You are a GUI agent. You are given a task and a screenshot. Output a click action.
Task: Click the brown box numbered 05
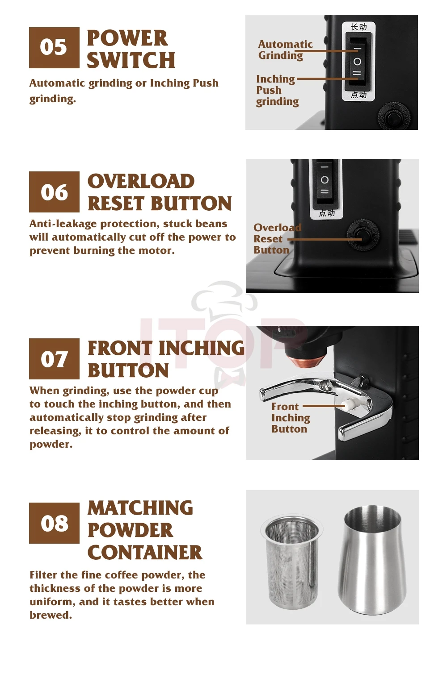pos(54,48)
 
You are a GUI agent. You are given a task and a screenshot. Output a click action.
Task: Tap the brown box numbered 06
pos(54,192)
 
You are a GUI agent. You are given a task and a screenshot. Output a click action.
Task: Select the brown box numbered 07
pos(54,359)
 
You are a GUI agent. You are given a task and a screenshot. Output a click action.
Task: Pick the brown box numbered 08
pos(54,523)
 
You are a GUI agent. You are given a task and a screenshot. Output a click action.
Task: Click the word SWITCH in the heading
pos(131,60)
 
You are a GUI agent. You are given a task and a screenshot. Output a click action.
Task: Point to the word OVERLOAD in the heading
pos(141,181)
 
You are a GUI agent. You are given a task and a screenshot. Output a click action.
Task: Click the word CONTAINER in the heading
pos(145,553)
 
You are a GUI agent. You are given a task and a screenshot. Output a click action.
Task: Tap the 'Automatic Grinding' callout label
pos(285,50)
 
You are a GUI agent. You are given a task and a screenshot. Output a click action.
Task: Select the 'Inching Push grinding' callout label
pos(277,90)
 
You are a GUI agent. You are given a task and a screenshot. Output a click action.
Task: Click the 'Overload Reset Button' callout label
pos(277,239)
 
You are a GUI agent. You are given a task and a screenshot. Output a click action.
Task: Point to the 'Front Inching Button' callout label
pos(291,418)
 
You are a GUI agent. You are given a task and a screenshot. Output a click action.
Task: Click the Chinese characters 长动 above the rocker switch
pos(358,27)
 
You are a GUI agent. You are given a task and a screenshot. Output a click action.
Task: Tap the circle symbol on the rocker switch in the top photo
pos(357,62)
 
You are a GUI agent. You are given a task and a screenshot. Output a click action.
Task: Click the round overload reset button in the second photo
pos(363,236)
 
